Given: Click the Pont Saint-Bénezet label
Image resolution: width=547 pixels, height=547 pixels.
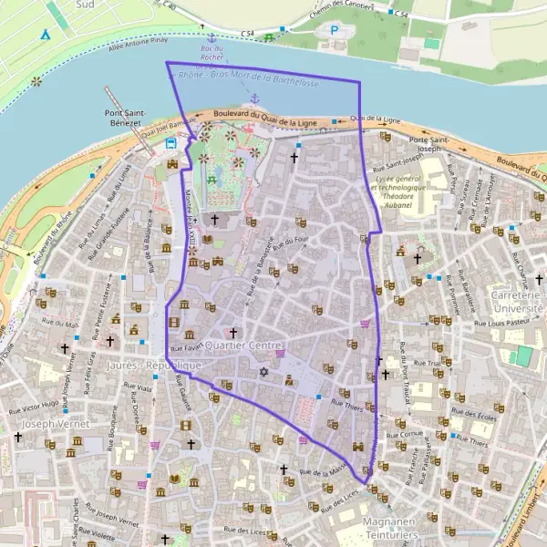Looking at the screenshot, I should [x=116, y=119].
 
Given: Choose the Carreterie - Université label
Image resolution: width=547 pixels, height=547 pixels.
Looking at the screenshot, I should [x=518, y=303].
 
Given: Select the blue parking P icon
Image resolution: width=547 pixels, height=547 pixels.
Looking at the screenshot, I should [x=334, y=30].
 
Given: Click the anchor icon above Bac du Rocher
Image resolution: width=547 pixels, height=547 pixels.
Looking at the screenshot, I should [x=212, y=38].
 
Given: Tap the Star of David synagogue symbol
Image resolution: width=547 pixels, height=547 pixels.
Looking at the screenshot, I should [x=264, y=371].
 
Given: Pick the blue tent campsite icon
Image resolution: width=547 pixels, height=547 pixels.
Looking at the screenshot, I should [x=46, y=35].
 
